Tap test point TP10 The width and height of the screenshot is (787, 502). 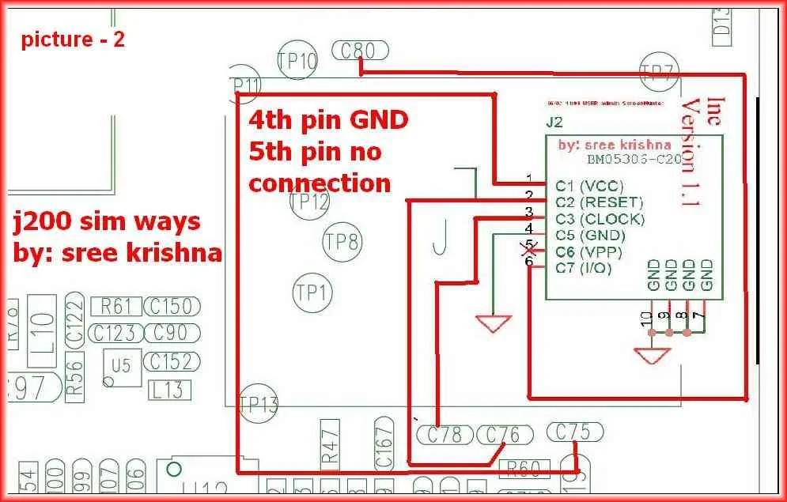(297, 61)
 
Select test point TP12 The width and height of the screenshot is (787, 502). (309, 203)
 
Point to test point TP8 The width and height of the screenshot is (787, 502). (342, 241)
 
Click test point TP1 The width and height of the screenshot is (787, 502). (311, 293)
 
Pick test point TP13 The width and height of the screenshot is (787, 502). (259, 406)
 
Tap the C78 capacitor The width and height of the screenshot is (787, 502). (444, 434)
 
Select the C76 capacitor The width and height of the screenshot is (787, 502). (503, 434)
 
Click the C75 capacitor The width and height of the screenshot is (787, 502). (574, 432)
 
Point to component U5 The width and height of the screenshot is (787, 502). (122, 368)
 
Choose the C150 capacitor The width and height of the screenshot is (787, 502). (171, 306)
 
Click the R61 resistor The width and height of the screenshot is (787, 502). (116, 306)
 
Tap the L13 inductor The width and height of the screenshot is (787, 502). (168, 389)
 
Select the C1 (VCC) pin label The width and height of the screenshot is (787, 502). (589, 187)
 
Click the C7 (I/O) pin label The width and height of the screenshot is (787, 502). (584, 269)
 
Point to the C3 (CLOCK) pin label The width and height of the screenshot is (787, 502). (600, 219)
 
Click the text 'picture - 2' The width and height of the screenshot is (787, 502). (73, 40)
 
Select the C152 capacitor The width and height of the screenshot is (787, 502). (171, 361)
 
